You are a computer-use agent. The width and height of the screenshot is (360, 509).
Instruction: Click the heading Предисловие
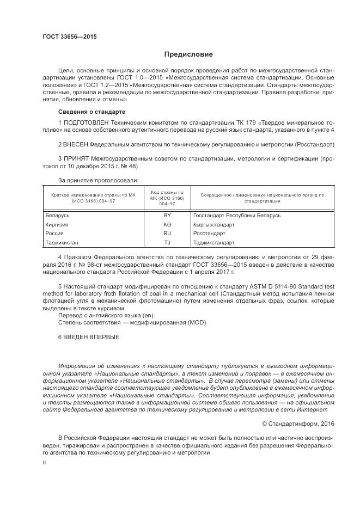189,54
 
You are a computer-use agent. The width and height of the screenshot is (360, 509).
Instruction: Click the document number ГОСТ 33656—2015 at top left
66,37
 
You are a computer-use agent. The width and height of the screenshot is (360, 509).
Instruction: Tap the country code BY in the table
167,216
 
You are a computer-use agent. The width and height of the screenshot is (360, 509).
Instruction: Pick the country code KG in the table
167,224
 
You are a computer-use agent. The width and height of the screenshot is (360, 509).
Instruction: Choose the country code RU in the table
167,233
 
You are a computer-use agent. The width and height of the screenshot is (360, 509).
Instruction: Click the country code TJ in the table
167,242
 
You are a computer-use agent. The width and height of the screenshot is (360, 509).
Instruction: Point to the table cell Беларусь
57,216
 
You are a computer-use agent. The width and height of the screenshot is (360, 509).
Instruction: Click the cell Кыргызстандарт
213,224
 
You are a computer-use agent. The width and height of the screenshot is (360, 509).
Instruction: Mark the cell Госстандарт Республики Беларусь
236,216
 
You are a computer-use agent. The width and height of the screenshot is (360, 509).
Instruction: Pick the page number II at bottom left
45,462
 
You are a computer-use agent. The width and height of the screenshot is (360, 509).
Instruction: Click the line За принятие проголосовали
98,180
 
